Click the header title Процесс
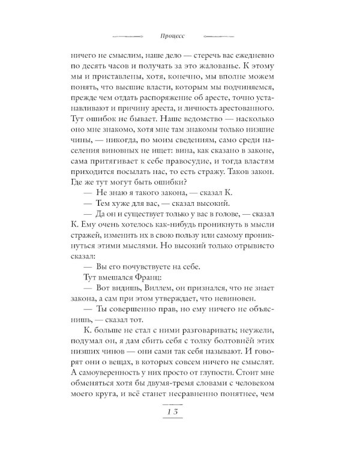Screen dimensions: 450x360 tap(179, 35)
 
